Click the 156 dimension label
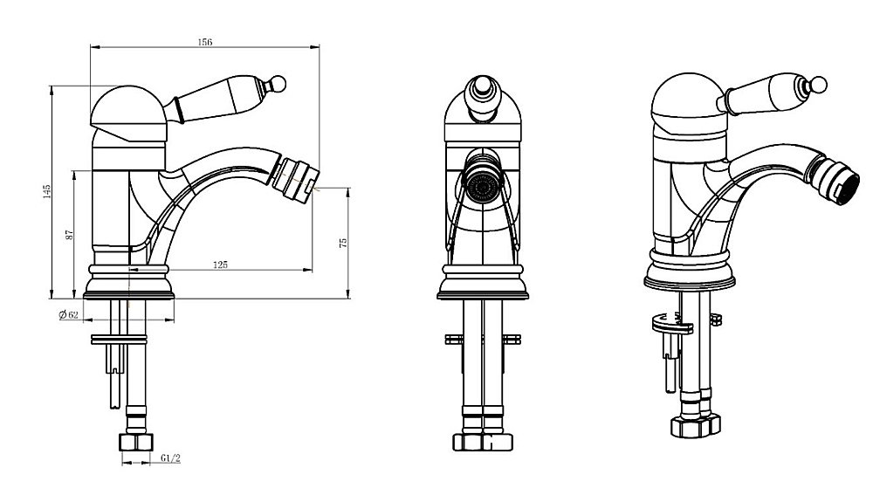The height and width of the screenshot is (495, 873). pyautogui.click(x=205, y=42)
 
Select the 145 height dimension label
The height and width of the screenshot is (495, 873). pyautogui.click(x=47, y=191)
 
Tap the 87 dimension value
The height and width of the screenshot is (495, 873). pyautogui.click(x=70, y=235)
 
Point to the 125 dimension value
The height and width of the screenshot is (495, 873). pyautogui.click(x=221, y=265)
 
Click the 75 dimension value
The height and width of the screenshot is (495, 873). pyautogui.click(x=343, y=243)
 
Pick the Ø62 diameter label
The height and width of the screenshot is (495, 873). pyautogui.click(x=68, y=315)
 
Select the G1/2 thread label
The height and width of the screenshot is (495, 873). pyautogui.click(x=170, y=458)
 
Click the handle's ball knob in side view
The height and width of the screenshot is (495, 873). pyautogui.click(x=277, y=84)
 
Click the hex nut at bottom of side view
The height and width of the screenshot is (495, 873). pyautogui.click(x=136, y=442)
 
